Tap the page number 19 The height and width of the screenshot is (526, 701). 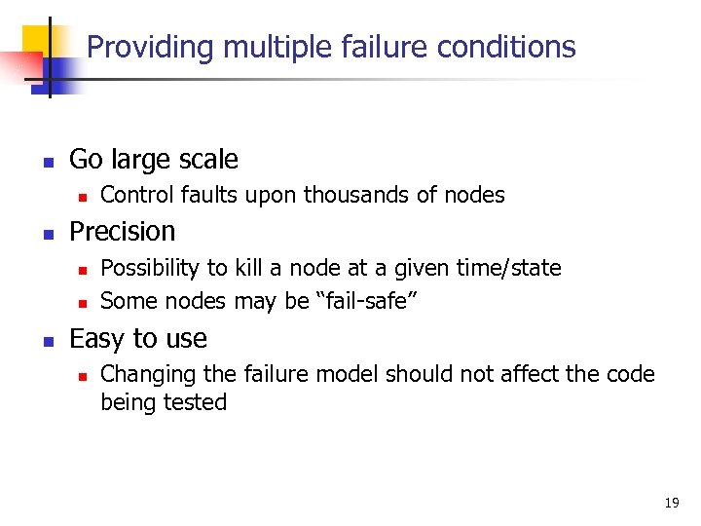[x=671, y=503]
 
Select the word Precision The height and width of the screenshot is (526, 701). [x=123, y=232]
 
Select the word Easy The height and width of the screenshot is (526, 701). [x=94, y=339]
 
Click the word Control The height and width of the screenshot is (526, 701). [x=135, y=195]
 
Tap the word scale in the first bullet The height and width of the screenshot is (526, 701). [x=207, y=159]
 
